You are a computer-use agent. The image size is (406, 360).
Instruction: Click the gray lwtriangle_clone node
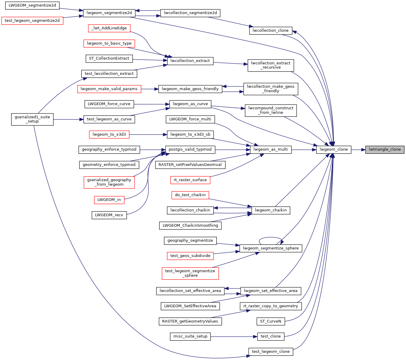click(385, 149)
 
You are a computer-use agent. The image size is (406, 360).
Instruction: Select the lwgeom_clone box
click(333, 149)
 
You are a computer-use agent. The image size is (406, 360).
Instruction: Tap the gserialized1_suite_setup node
click(32, 119)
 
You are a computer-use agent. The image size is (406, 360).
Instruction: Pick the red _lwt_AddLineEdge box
click(109, 28)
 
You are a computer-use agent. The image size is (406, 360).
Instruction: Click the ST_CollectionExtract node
click(109, 58)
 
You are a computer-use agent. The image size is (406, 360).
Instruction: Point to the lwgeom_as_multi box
click(271, 149)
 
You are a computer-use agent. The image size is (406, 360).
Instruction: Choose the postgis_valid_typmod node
click(190, 149)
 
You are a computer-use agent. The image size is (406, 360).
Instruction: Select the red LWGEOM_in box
click(109, 200)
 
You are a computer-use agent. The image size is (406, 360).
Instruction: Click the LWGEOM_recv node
click(109, 215)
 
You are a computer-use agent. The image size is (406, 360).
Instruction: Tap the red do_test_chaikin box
click(190, 195)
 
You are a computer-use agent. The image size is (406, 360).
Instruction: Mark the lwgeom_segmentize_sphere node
click(271, 248)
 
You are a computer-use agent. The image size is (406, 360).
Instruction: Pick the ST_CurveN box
click(271, 321)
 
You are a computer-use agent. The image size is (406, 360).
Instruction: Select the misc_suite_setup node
click(190, 336)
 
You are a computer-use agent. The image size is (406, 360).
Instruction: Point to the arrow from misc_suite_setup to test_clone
click(234, 337)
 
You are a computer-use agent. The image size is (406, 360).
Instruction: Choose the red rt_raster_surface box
click(190, 180)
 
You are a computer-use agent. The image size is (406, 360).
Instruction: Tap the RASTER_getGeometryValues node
click(190, 321)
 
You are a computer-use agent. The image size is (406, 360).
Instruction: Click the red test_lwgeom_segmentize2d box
click(32, 21)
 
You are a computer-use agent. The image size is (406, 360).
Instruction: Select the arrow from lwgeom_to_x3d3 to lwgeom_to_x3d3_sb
click(148, 135)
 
